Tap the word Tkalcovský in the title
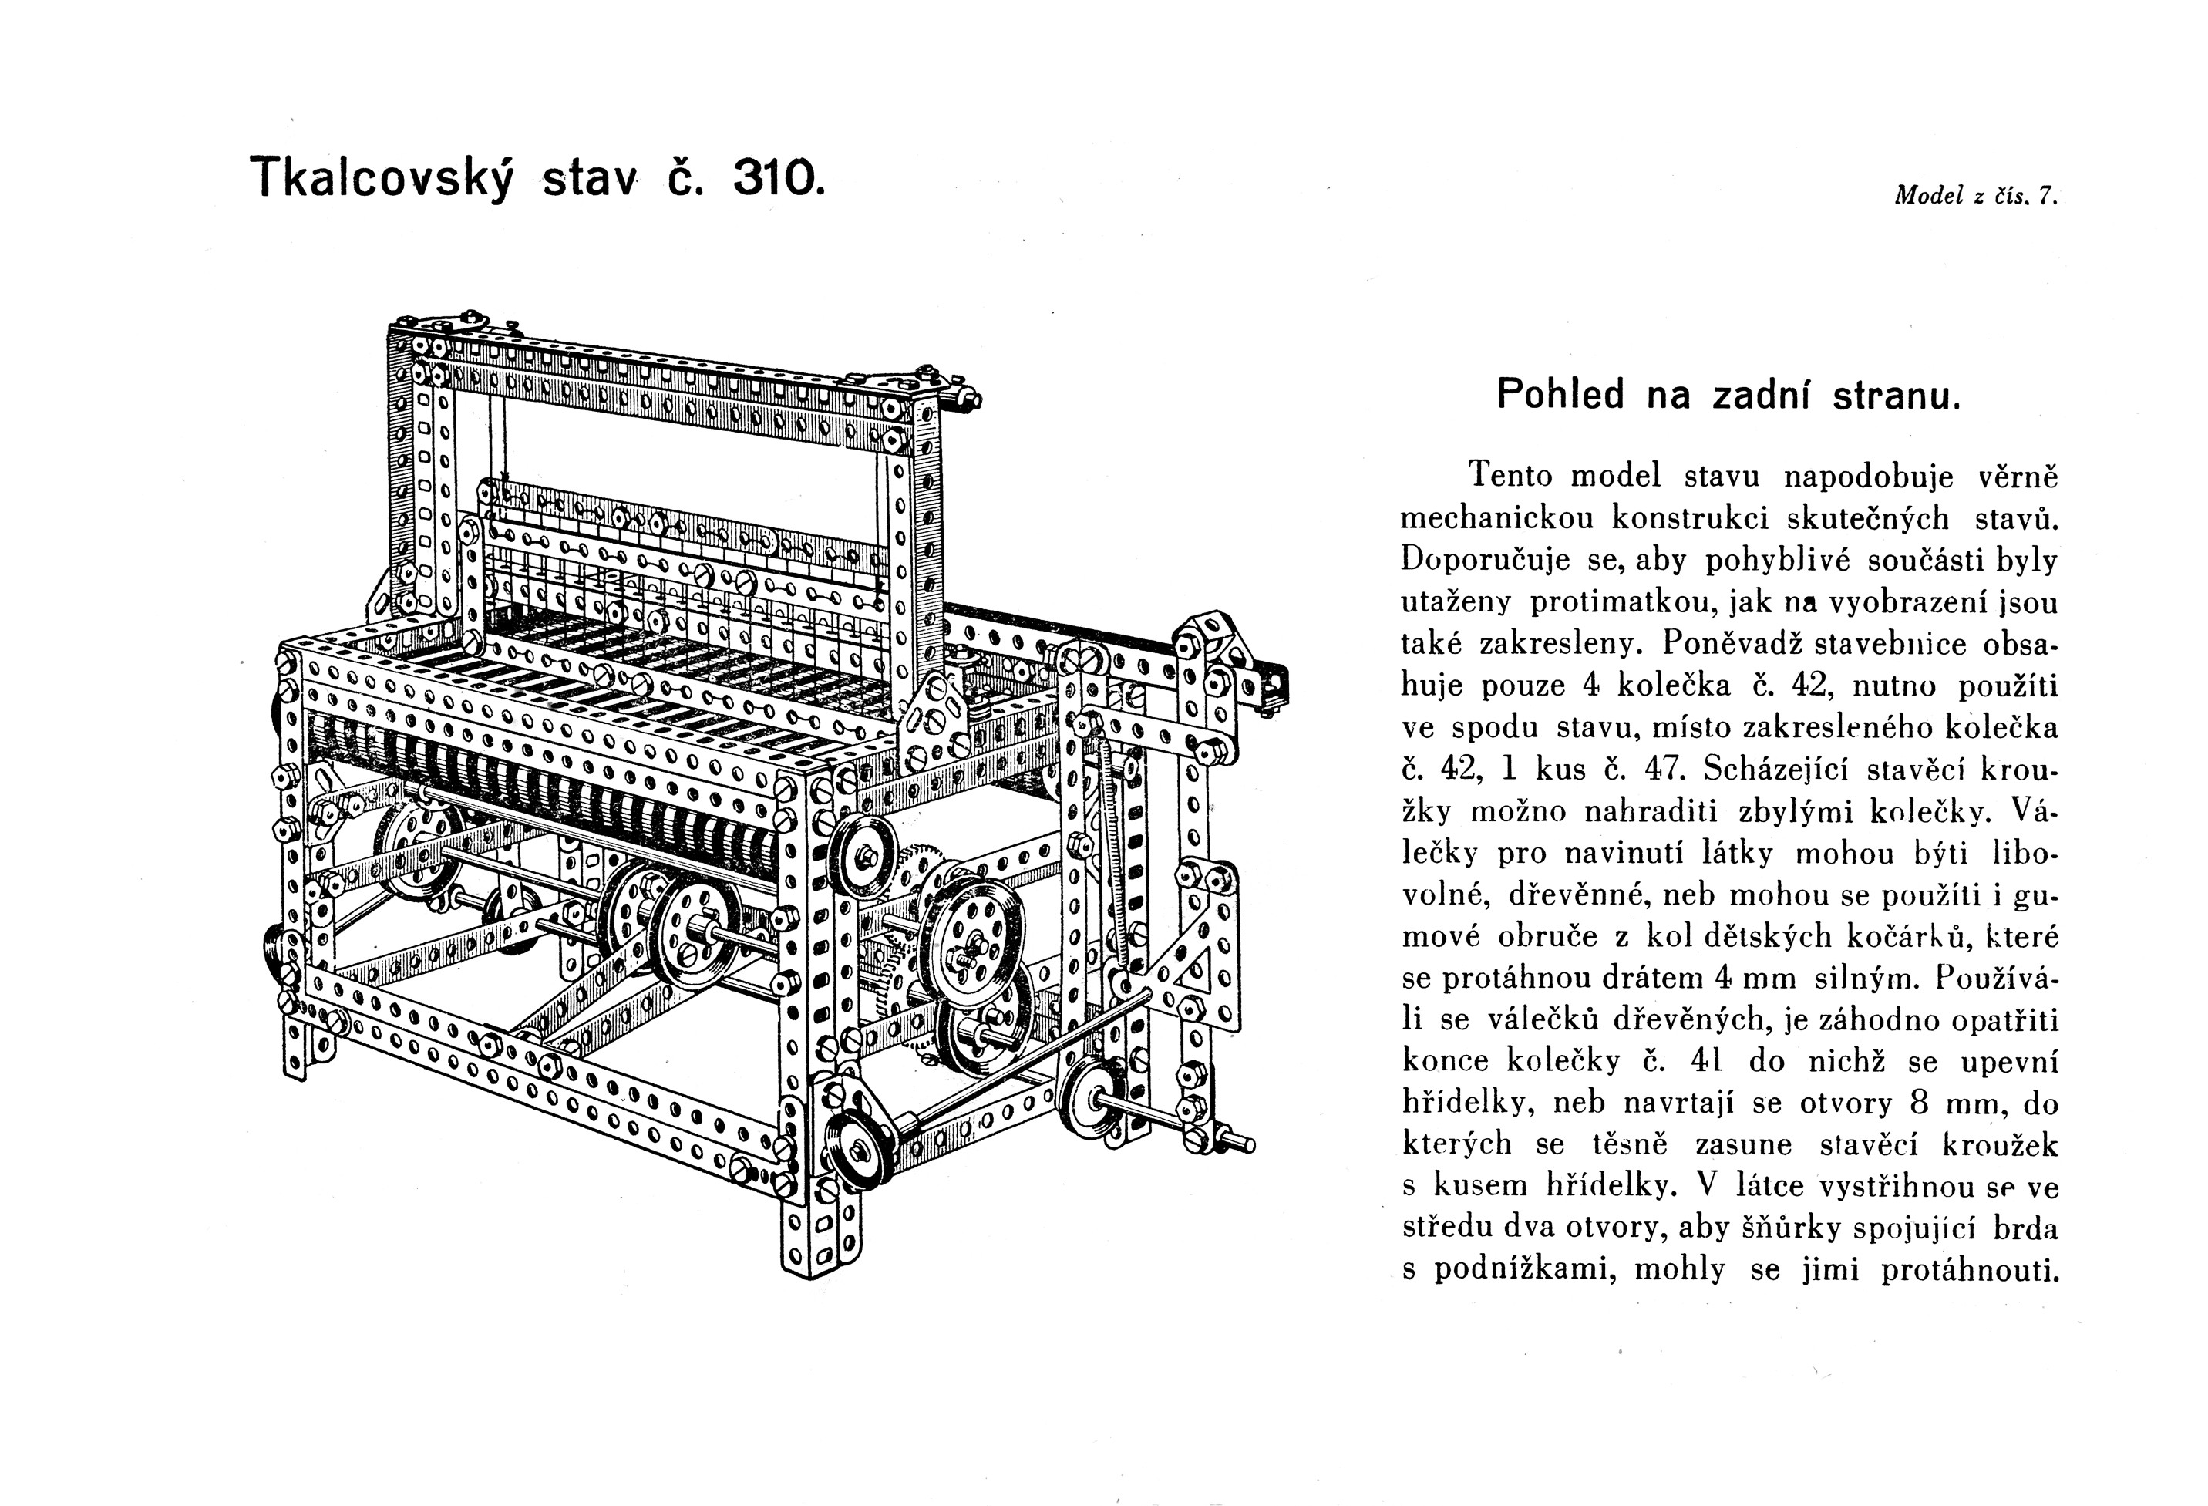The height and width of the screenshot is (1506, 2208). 381,179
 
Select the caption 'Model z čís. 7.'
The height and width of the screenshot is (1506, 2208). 1975,196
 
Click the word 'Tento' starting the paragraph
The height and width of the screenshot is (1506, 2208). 1508,476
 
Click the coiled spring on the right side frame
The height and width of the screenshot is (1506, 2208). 1112,846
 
